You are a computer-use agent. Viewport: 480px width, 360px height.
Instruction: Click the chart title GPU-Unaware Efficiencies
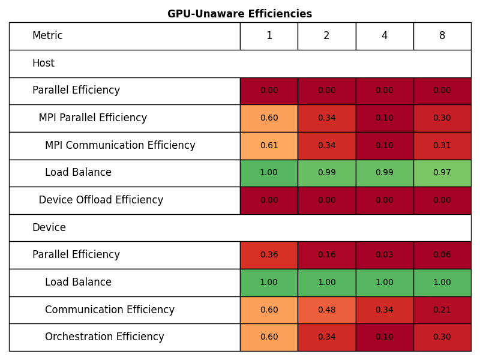click(239, 14)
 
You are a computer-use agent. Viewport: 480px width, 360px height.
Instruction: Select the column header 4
click(384, 36)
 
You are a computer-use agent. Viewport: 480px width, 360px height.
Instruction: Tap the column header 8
click(442, 36)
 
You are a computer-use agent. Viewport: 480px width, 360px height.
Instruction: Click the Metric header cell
click(47, 36)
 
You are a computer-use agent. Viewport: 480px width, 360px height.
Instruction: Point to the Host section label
click(43, 64)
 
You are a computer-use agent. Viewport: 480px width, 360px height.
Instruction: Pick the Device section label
click(49, 228)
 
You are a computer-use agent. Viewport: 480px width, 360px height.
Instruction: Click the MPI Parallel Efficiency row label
click(93, 118)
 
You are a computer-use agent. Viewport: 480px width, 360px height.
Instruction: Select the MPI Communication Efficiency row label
click(120, 146)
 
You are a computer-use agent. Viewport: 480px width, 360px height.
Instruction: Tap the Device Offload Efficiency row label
click(101, 200)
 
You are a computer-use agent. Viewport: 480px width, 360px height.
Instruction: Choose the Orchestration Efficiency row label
click(104, 337)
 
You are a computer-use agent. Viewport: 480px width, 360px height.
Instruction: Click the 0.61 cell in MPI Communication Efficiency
click(269, 146)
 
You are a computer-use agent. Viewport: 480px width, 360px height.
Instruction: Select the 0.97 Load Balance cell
click(442, 173)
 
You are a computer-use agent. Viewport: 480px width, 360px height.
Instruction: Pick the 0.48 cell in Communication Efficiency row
click(326, 310)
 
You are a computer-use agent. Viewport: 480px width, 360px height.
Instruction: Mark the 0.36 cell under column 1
click(269, 255)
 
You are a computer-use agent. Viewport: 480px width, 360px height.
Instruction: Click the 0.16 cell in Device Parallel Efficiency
click(326, 255)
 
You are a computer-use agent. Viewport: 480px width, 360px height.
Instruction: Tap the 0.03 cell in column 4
click(384, 255)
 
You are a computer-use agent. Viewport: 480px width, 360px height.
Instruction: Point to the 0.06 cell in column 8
click(442, 255)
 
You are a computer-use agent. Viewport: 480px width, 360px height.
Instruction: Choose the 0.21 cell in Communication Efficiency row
click(442, 310)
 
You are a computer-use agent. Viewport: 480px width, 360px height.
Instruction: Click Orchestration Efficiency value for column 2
click(326, 337)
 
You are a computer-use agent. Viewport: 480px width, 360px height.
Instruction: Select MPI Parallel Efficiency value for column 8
click(442, 118)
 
